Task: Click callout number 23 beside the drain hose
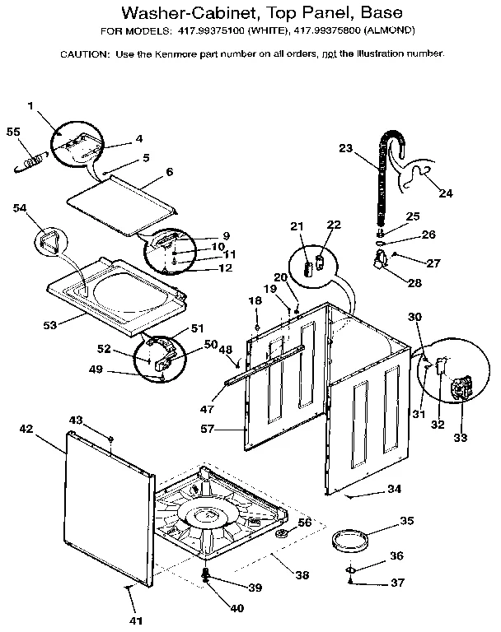[x=345, y=148]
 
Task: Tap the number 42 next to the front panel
[x=26, y=429]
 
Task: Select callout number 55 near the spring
[x=12, y=132]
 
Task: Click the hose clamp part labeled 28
[x=382, y=263]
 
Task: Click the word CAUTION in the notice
[x=84, y=53]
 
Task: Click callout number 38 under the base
[x=302, y=576]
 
